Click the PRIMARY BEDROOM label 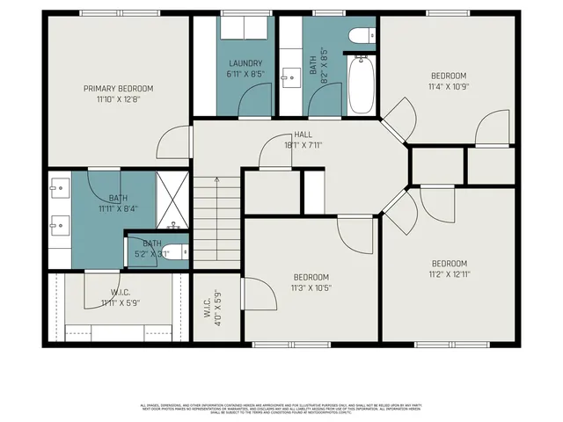coord(118,88)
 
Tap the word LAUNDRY coord(245,63)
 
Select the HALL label coord(303,135)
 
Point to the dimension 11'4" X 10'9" coord(449,87)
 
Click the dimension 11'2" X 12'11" coord(449,274)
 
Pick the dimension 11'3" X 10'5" coord(311,287)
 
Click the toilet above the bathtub coord(359,36)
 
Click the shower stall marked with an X coord(172,200)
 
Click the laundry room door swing coord(256,102)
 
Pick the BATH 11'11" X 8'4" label coord(118,203)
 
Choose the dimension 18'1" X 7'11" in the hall coord(303,145)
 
